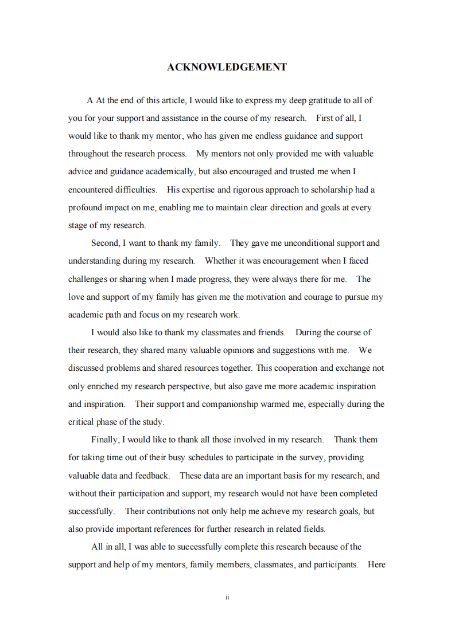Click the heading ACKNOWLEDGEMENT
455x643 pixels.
pyautogui.click(x=227, y=67)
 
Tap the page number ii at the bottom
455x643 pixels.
pyautogui.click(x=227, y=597)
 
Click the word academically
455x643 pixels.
pyautogui.click(x=168, y=171)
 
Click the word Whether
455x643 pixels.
pyautogui.click(x=221, y=261)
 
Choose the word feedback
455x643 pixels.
pyautogui.click(x=151, y=476)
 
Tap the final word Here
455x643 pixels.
pyautogui.click(x=376, y=564)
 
